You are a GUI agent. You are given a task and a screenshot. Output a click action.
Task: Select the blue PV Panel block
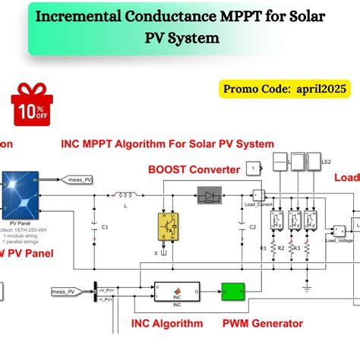[x=21, y=195]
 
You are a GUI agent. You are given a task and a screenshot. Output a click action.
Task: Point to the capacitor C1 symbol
[x=95, y=226]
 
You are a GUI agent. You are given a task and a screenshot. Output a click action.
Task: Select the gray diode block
[x=211, y=194]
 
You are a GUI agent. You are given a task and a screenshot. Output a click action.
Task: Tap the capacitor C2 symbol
[x=242, y=226]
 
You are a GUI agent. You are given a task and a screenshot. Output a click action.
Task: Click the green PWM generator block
[x=233, y=291]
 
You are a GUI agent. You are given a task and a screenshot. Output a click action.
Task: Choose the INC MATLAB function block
[x=171, y=291]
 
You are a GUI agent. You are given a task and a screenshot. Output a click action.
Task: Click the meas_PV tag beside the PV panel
[x=78, y=180]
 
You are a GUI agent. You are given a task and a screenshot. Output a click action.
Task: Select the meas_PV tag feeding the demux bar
[x=68, y=291]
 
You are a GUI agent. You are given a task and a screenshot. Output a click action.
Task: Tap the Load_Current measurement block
[x=259, y=195]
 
